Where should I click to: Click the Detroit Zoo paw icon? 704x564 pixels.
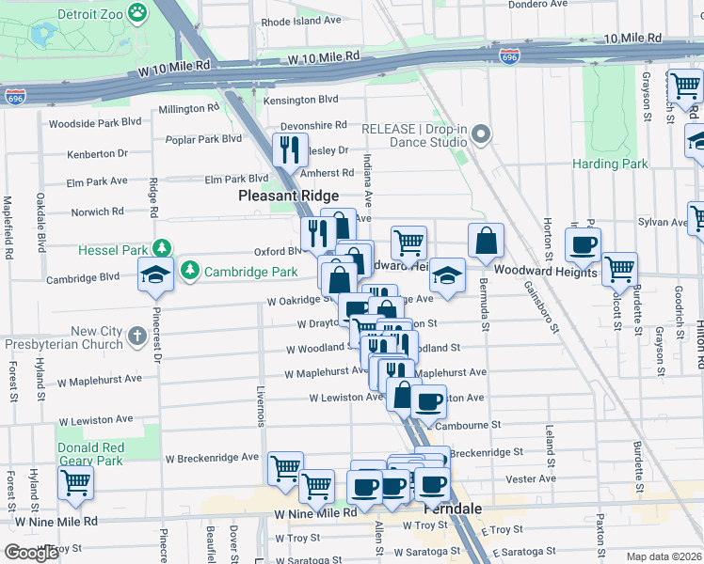(138, 13)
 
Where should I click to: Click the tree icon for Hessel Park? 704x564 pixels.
(164, 248)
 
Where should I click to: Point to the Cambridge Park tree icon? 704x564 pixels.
(190, 271)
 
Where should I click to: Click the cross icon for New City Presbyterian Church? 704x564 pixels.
(136, 336)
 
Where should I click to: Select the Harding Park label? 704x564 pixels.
(611, 164)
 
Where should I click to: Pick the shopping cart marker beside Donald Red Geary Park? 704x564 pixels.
(75, 483)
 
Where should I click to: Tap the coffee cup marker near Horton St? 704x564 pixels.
(583, 244)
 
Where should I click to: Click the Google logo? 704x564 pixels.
(30, 553)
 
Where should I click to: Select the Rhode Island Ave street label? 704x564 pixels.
(302, 21)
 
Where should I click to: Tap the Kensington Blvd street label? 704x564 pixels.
(301, 99)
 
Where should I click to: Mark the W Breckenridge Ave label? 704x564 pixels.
(212, 458)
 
